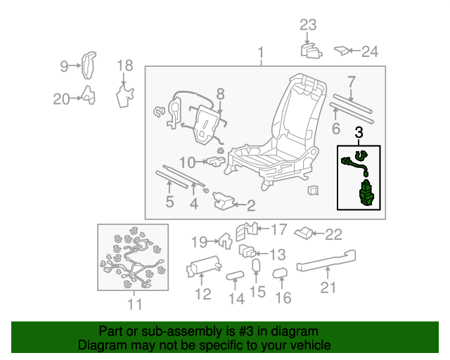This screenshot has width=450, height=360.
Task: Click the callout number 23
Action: click(309, 25)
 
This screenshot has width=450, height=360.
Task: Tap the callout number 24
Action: click(370, 51)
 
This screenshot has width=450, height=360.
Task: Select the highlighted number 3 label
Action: click(359, 131)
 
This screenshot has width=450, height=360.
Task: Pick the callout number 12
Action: click(202, 295)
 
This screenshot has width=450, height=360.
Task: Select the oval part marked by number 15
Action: click(257, 266)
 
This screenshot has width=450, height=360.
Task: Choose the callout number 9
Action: click(64, 67)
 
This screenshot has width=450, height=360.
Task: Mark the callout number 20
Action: click(62, 99)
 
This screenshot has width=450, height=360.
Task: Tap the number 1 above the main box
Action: click(261, 53)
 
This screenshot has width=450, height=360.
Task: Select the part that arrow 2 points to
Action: click(223, 204)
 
